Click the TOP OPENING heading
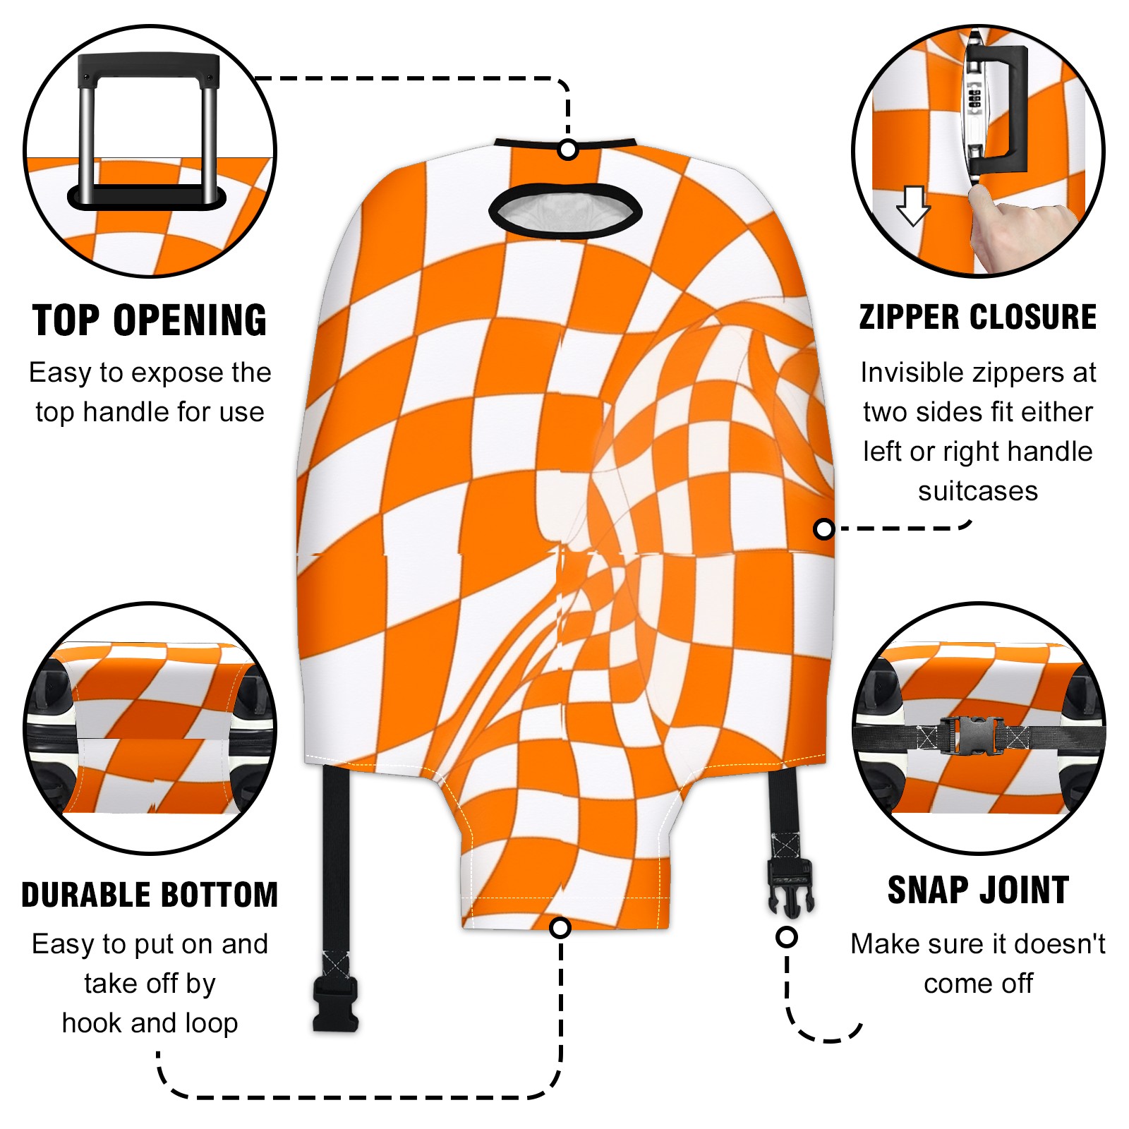(x=150, y=320)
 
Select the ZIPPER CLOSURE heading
(x=978, y=317)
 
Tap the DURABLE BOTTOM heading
(x=150, y=895)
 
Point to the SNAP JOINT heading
(x=978, y=890)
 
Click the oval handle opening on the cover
(x=565, y=210)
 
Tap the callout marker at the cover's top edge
(x=568, y=150)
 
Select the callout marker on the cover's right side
(x=824, y=529)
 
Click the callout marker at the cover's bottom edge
(x=560, y=927)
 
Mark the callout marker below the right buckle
(x=787, y=937)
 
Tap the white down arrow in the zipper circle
(x=913, y=205)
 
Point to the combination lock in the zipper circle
(x=975, y=99)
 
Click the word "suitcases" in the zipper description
(x=978, y=491)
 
